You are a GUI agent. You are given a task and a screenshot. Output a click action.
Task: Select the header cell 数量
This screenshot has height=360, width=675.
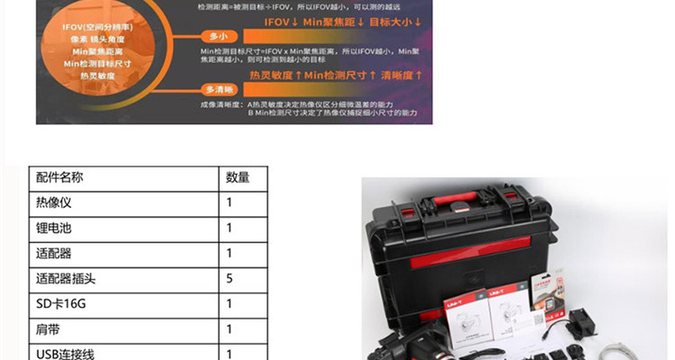coord(238,177)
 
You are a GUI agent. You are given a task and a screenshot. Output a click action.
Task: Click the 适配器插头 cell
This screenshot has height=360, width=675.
coord(66,279)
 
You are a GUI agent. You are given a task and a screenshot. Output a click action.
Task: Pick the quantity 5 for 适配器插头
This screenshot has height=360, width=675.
coord(229,279)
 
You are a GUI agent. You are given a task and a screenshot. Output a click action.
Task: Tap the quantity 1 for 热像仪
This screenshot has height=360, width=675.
coord(229,202)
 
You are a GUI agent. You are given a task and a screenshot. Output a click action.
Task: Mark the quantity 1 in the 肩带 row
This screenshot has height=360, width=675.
coord(229,329)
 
